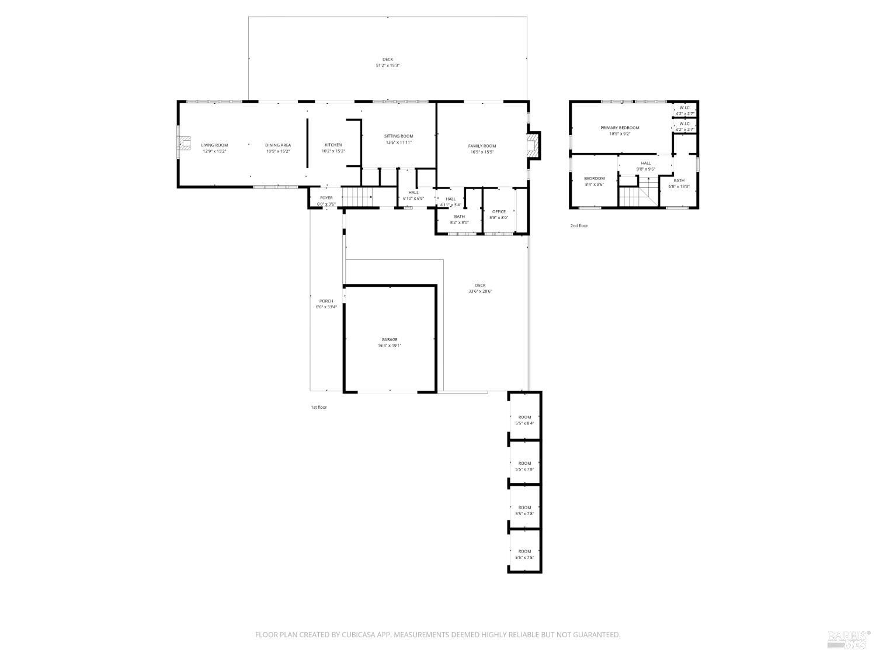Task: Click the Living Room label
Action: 214,145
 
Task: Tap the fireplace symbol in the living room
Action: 185,144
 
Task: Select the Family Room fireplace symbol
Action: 533,145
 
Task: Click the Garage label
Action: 390,339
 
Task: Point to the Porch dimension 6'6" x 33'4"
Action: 326,307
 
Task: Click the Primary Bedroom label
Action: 620,127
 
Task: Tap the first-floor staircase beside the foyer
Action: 357,197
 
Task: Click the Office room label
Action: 499,211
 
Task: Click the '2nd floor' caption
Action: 579,225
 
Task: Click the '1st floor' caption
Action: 319,407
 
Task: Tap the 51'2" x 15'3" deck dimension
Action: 387,65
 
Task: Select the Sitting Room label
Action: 398,136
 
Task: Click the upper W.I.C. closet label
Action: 685,107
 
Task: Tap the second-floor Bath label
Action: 679,180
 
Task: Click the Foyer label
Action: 326,198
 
